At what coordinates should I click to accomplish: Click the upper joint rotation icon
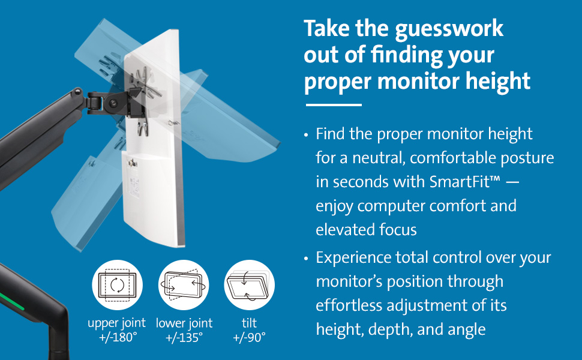(x=117, y=285)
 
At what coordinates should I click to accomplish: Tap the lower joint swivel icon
(x=183, y=285)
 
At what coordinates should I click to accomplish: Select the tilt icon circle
(x=249, y=285)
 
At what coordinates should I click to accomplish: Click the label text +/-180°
(x=117, y=337)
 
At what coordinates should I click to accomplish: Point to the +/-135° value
(x=183, y=337)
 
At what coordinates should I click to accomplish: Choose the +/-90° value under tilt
(x=249, y=337)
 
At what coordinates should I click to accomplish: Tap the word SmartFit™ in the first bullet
(x=464, y=182)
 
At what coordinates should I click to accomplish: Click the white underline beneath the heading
(x=334, y=106)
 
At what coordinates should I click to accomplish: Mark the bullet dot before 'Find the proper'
(x=307, y=135)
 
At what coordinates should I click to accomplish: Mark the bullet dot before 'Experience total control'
(x=307, y=259)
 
